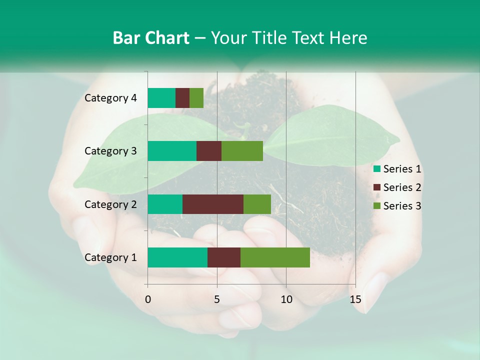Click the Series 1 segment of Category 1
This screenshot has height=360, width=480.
pyautogui.click(x=177, y=257)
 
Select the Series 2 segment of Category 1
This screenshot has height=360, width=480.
pyautogui.click(x=224, y=257)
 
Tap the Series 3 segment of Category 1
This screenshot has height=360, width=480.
pyautogui.click(x=275, y=257)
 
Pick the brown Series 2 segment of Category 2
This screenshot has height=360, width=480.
pyautogui.click(x=213, y=204)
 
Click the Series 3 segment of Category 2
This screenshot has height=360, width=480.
pyautogui.click(x=257, y=204)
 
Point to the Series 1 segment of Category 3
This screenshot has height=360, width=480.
pyautogui.click(x=172, y=151)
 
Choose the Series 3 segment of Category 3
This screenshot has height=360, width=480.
pyautogui.click(x=242, y=151)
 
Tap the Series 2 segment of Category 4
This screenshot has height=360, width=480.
pyautogui.click(x=182, y=98)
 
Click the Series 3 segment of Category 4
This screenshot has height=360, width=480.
pyautogui.click(x=196, y=98)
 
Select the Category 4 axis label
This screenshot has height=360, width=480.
pyautogui.click(x=110, y=98)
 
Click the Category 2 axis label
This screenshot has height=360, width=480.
pyautogui.click(x=110, y=204)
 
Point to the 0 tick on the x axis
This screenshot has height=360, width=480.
pyautogui.click(x=148, y=299)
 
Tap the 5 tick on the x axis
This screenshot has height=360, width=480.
pyautogui.click(x=217, y=299)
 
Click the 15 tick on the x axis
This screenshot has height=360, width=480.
pyautogui.click(x=355, y=299)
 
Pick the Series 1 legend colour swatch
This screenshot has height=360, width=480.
pyautogui.click(x=377, y=169)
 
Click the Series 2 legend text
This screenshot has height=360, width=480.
pyautogui.click(x=402, y=187)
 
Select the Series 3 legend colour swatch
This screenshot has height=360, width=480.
pyautogui.click(x=377, y=206)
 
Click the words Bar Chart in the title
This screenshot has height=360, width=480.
pyautogui.click(x=151, y=38)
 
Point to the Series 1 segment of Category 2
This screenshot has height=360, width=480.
pyautogui.click(x=165, y=204)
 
